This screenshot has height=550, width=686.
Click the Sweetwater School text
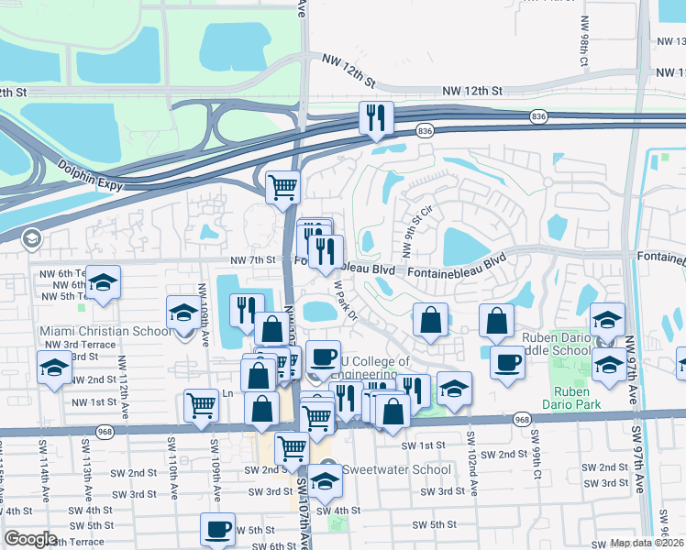(396, 470)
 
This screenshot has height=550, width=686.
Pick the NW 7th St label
(253, 260)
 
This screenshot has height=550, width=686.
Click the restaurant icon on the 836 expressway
(376, 119)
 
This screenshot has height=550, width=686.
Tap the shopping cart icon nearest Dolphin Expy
(283, 189)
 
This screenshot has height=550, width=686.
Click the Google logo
(31, 539)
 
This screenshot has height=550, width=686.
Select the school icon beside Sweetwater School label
(324, 480)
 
